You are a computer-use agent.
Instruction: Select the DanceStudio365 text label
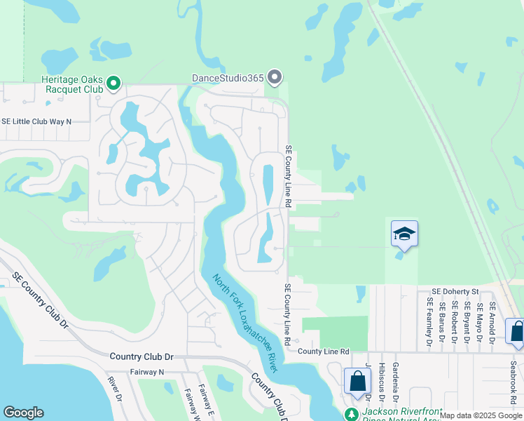[x=228, y=78]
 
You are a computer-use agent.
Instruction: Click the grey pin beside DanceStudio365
[x=274, y=77]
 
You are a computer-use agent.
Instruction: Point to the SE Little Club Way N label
[x=36, y=121]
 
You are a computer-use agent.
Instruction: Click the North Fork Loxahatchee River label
[x=246, y=323]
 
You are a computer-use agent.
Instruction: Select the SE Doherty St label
[x=455, y=291]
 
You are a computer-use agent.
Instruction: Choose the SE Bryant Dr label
[x=467, y=322]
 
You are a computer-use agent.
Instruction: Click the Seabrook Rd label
[x=513, y=378]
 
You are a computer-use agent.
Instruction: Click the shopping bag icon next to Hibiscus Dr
[x=357, y=382]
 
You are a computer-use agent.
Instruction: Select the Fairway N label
[x=146, y=372]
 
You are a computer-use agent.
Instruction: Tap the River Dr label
[x=116, y=389]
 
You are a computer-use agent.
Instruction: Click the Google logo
[x=23, y=413]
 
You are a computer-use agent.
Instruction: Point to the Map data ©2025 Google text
[x=481, y=415]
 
